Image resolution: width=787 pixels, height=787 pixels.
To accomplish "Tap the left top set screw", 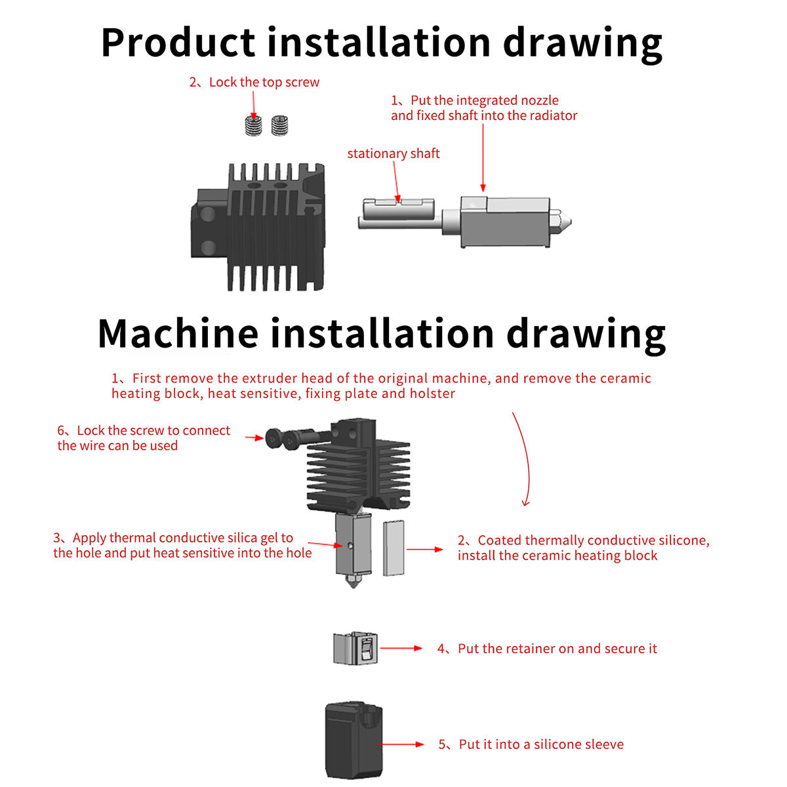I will [x=253, y=125].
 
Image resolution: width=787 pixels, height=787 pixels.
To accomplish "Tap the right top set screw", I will [x=281, y=125].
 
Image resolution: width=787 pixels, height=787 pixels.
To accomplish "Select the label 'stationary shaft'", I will [x=393, y=153].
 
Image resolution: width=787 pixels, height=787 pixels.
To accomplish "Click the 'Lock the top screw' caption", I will [x=264, y=83].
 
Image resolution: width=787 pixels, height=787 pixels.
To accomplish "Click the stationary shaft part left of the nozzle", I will [x=400, y=213].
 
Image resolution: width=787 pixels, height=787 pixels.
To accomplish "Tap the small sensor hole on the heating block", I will [x=351, y=545].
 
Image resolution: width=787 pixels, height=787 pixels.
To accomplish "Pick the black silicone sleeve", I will [x=353, y=739].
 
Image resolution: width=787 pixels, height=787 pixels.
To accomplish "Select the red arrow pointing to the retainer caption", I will [x=401, y=648].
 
